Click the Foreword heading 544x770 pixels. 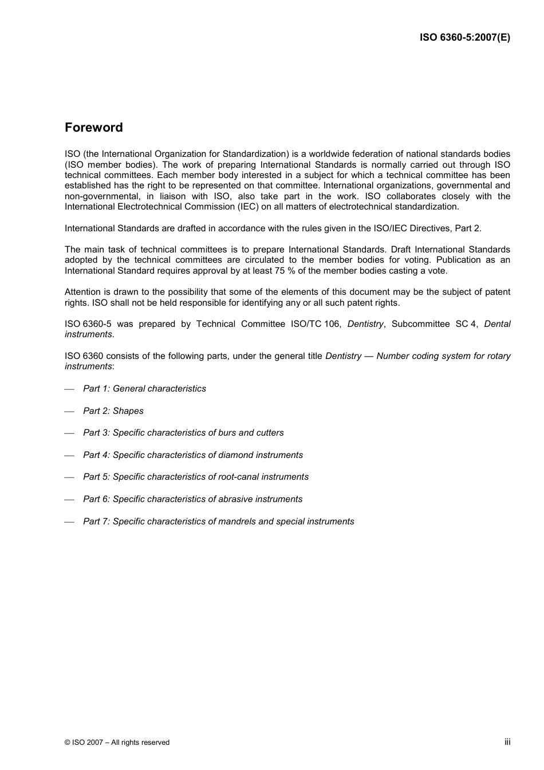click(x=93, y=128)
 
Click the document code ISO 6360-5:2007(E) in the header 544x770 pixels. click(x=464, y=38)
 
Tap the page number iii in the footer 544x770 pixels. click(x=507, y=741)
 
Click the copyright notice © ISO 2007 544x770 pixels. click(x=117, y=743)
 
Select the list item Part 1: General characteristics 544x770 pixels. click(x=144, y=389)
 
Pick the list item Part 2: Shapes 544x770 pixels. click(x=113, y=411)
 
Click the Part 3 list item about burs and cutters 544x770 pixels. click(x=183, y=433)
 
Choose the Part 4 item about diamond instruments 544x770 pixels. click(x=192, y=455)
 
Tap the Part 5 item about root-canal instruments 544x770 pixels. click(x=195, y=477)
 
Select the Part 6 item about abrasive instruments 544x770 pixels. click(x=192, y=499)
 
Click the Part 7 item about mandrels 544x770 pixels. click(x=218, y=522)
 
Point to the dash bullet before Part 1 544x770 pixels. click(x=69, y=389)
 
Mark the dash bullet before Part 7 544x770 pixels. click(x=69, y=522)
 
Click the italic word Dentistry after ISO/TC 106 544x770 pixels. click(x=365, y=324)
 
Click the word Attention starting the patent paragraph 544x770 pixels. click(x=82, y=292)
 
